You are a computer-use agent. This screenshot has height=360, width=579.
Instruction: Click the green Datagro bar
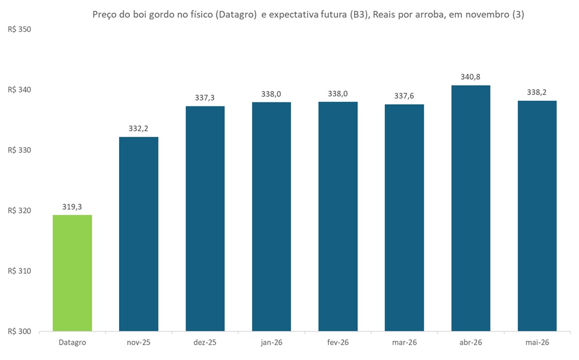click(x=72, y=273)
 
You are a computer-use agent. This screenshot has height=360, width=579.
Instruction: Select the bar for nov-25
click(x=139, y=234)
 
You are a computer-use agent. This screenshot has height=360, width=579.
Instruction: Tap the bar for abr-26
click(x=471, y=208)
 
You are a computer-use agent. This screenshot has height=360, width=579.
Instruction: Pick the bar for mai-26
click(x=537, y=216)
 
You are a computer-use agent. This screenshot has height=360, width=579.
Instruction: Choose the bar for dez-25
click(x=205, y=219)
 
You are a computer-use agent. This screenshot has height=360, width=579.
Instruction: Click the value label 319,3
click(x=72, y=207)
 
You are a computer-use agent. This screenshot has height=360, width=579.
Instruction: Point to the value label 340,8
click(x=471, y=77)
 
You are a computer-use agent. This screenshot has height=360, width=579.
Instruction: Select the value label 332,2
click(x=139, y=129)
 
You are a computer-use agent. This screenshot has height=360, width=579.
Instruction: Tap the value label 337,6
click(x=404, y=96)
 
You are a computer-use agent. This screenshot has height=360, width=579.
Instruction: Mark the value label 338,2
click(x=537, y=93)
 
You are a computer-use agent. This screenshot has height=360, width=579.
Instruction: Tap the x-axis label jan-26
click(x=271, y=343)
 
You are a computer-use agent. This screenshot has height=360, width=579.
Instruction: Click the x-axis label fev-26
click(x=338, y=343)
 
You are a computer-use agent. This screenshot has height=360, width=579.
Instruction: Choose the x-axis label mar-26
click(x=404, y=343)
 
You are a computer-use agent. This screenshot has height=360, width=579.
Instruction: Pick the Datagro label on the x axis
click(x=72, y=343)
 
